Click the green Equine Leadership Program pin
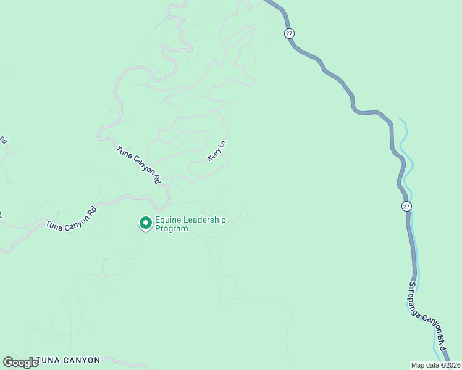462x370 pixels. point(145,222)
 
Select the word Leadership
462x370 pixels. point(204,220)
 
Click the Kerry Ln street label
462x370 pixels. point(217,152)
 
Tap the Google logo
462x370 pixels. point(20,362)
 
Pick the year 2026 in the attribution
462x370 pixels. point(451,365)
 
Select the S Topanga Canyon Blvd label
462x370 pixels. point(427,321)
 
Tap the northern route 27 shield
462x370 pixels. point(289,33)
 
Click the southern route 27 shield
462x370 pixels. point(405,206)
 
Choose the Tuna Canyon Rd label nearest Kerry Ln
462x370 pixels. point(139,165)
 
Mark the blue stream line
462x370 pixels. point(408,160)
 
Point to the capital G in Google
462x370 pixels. point(8,362)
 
